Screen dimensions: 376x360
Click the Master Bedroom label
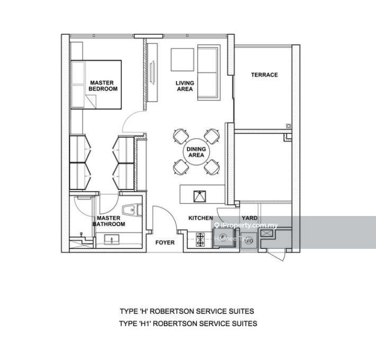pyautogui.click(x=103, y=86)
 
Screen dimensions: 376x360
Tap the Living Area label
pyautogui.click(x=185, y=86)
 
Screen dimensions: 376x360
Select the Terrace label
pyautogui.click(x=264, y=75)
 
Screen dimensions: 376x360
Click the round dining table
pyautogui.click(x=196, y=152)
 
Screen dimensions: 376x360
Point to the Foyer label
pyautogui.click(x=165, y=242)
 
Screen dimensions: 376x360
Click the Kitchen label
pyautogui.click(x=201, y=218)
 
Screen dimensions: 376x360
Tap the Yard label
pyautogui.click(x=249, y=218)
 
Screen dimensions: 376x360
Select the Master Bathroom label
pyautogui.click(x=109, y=221)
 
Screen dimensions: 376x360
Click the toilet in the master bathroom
pyautogui.click(x=132, y=210)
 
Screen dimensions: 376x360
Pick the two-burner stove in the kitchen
pyautogui.click(x=200, y=240)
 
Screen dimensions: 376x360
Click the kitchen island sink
pyautogui.click(x=200, y=196)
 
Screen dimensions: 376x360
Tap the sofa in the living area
pyautogui.click(x=209, y=73)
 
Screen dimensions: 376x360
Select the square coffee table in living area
pyautogui.click(x=182, y=60)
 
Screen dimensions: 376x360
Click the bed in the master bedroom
pyautogui.click(x=96, y=85)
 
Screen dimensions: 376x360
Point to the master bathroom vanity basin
pyautogui.click(x=112, y=240)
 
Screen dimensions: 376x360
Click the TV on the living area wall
pyautogui.click(x=153, y=73)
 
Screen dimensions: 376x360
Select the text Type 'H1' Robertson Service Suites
pyautogui.click(x=188, y=323)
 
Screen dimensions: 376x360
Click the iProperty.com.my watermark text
pyautogui.click(x=246, y=226)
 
